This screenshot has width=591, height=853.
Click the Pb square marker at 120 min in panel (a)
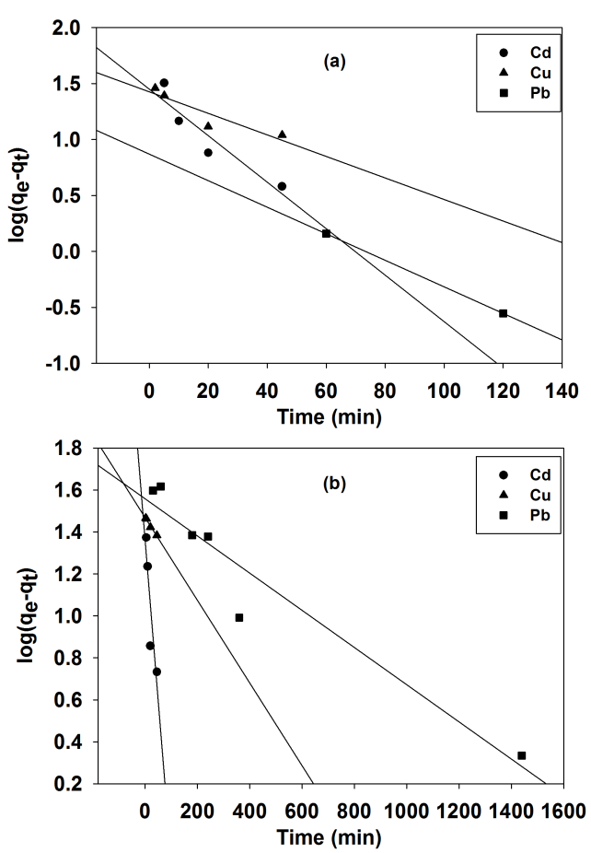click(x=503, y=313)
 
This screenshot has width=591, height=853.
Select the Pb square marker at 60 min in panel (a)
click(x=326, y=234)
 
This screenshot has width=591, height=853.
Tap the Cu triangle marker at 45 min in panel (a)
click(x=282, y=134)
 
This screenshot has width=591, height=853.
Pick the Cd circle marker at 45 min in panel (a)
click(x=282, y=186)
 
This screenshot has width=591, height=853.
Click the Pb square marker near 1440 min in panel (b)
click(x=522, y=755)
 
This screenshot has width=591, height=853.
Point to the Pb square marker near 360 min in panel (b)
click(x=239, y=617)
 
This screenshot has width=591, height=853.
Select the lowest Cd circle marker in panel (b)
click(x=156, y=672)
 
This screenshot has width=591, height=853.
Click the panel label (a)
click(x=333, y=62)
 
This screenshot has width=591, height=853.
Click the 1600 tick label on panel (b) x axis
click(x=562, y=812)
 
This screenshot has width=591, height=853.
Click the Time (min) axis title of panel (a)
click(x=330, y=415)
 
